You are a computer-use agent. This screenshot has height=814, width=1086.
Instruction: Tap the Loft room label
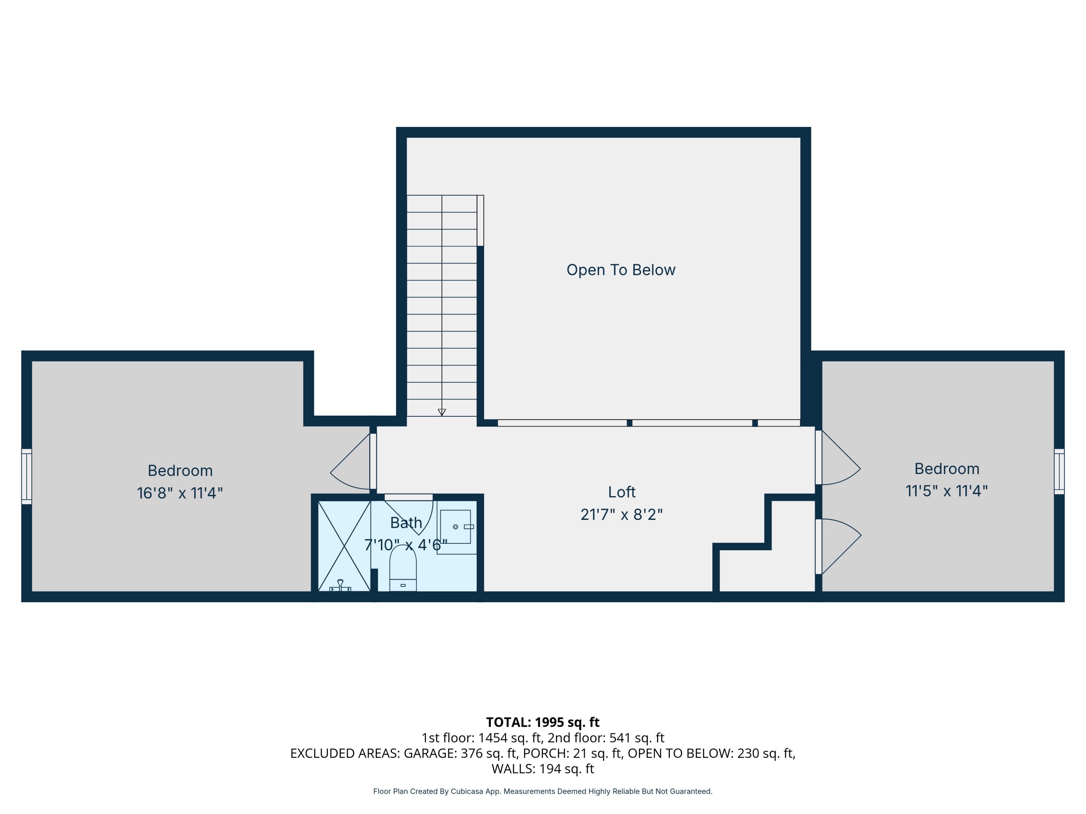click(x=622, y=492)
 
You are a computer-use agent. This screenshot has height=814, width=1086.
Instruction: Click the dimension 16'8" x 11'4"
click(x=180, y=493)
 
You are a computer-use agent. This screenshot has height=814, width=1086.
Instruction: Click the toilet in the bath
click(x=403, y=569)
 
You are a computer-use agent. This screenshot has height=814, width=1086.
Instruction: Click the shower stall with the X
click(x=344, y=546)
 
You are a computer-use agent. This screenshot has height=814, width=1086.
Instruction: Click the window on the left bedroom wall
click(x=26, y=476)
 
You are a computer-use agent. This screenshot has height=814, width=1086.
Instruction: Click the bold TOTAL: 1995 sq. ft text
click(x=543, y=722)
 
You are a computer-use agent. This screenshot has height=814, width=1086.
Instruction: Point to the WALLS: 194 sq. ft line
click(x=543, y=769)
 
